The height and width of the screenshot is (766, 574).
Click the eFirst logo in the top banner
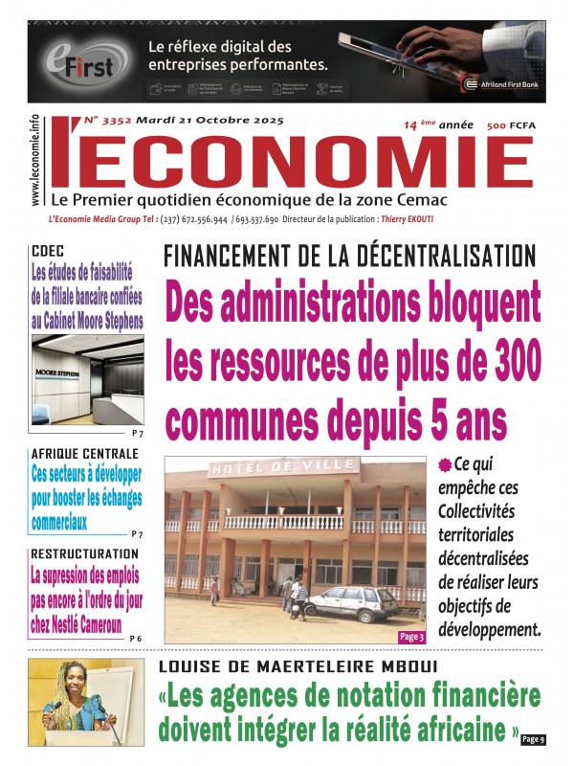pos(82,61)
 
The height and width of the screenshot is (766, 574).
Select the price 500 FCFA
pos(509,125)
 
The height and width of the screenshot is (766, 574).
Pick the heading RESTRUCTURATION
pos(84,553)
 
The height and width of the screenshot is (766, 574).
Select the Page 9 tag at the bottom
pos(534,738)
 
